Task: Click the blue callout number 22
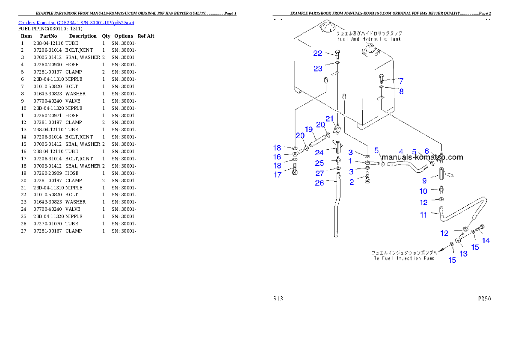click(317, 53)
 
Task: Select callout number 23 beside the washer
click(317, 68)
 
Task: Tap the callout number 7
click(401, 80)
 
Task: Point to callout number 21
click(329, 118)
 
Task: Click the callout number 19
click(309, 129)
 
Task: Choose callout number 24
click(319, 153)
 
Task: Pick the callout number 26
click(320, 183)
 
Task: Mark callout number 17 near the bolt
click(278, 174)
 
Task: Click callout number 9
click(424, 181)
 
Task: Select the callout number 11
click(423, 215)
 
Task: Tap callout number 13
click(463, 254)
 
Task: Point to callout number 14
click(486, 241)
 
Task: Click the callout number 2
click(352, 182)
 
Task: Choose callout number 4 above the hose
click(401, 151)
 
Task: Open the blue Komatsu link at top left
click(76, 22)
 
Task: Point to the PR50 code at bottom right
click(484, 299)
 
